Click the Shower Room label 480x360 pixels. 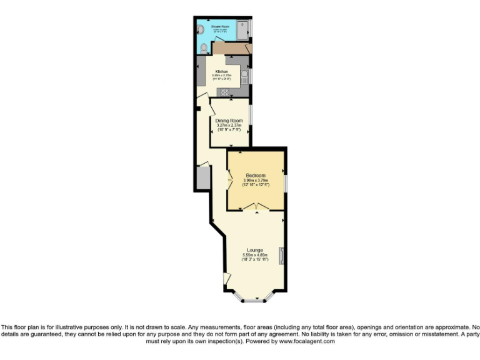220,27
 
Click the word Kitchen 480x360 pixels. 221,72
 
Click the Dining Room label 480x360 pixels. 229,120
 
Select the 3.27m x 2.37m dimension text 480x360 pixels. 229,125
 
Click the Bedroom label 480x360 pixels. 256,175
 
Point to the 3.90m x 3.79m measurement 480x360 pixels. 256,180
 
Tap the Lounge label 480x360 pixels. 254,250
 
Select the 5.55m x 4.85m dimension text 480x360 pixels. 255,255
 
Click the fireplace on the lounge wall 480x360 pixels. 281,254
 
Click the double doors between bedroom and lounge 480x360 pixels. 256,206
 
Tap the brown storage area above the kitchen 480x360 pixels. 231,47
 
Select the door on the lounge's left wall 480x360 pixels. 227,279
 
